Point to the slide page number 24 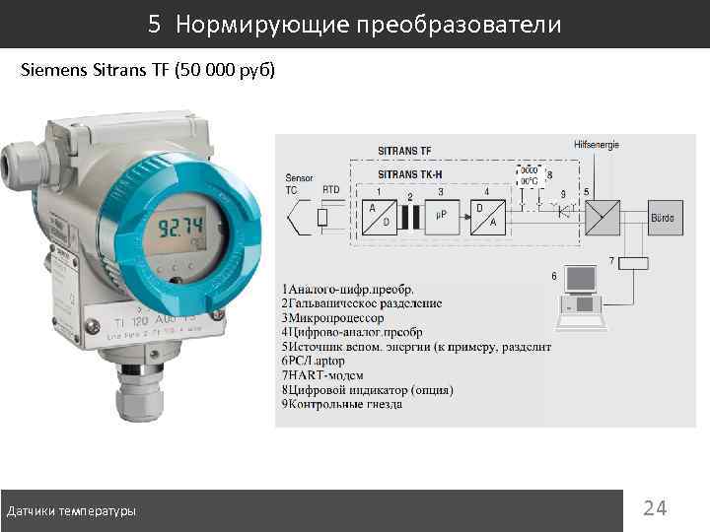pyautogui.click(x=655, y=508)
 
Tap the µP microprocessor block pyautogui.click(x=442, y=216)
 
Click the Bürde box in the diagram pyautogui.click(x=662, y=217)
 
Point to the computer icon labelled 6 pyautogui.click(x=582, y=295)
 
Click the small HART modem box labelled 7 pyautogui.click(x=631, y=262)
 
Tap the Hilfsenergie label pyautogui.click(x=596, y=145)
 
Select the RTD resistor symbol pyautogui.click(x=322, y=218)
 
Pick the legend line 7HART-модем pyautogui.click(x=322, y=375)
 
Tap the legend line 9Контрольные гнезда pyautogui.click(x=342, y=404)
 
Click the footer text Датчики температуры pyautogui.click(x=72, y=511)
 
